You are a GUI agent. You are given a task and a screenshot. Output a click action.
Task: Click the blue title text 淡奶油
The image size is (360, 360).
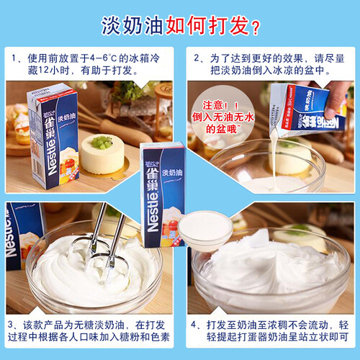pos(132,25)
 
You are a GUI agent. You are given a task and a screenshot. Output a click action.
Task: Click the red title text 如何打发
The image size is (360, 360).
pos(207,25)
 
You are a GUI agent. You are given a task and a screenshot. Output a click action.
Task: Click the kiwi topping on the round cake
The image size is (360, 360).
pos(102,142)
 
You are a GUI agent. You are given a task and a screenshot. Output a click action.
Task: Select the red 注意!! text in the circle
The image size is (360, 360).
pos(220,105)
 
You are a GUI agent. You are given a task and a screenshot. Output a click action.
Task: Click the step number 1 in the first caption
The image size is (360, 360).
pos(14,58)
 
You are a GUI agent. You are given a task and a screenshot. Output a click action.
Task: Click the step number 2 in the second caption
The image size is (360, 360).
pos(197,58)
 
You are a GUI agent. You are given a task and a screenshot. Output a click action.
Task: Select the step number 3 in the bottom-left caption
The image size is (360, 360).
pos(11,325)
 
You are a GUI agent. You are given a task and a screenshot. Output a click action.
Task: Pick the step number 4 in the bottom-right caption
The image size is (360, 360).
pos(194,325)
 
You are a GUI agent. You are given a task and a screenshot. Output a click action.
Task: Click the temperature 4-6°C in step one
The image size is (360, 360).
pos(104,58)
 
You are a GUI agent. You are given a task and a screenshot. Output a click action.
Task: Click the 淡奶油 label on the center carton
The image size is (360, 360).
pos(172,172)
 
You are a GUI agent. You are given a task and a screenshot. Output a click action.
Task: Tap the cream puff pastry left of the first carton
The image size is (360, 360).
pos(21,125)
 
